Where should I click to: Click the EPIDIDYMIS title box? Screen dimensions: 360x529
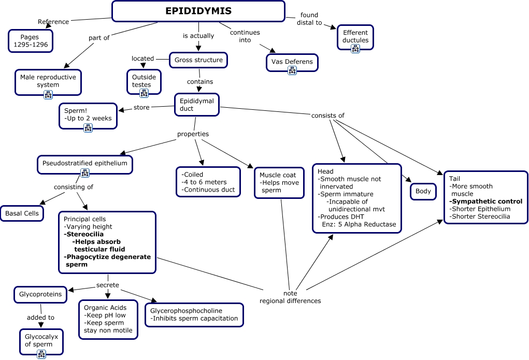pos(198,11)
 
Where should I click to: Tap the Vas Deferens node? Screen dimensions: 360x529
pos(292,62)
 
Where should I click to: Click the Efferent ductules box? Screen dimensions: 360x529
pos(355,37)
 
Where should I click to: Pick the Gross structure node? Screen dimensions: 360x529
pos(198,60)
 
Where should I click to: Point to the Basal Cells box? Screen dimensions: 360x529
pos(22,213)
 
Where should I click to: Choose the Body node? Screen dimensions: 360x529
pos(423,191)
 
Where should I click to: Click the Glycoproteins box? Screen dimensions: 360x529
pos(40,294)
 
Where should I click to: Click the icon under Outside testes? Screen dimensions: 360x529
pos(144,93)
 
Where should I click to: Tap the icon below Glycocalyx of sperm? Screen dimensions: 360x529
pos(41,354)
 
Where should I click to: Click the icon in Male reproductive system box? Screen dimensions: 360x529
pos(48,94)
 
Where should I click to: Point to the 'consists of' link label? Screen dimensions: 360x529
pos(327,116)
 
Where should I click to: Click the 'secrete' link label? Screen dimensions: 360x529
pos(108,285)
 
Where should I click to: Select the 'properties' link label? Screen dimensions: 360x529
pos(193,134)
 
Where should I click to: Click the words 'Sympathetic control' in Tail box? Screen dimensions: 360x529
pos(486,201)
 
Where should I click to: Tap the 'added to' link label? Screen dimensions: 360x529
pos(41,318)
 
